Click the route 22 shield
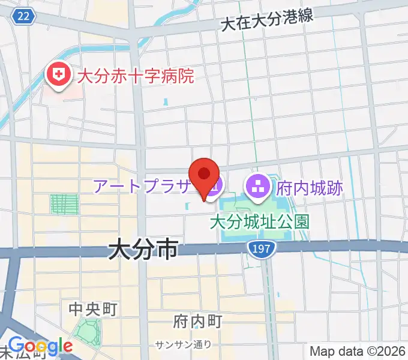tap(23, 16)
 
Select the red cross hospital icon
tap(58, 76)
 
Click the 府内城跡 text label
tap(310, 188)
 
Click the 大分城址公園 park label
tap(259, 222)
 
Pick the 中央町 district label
tap(92, 309)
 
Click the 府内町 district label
tap(197, 321)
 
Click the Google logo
tap(40, 346)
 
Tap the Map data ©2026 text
tap(358, 351)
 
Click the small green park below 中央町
tap(88, 331)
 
